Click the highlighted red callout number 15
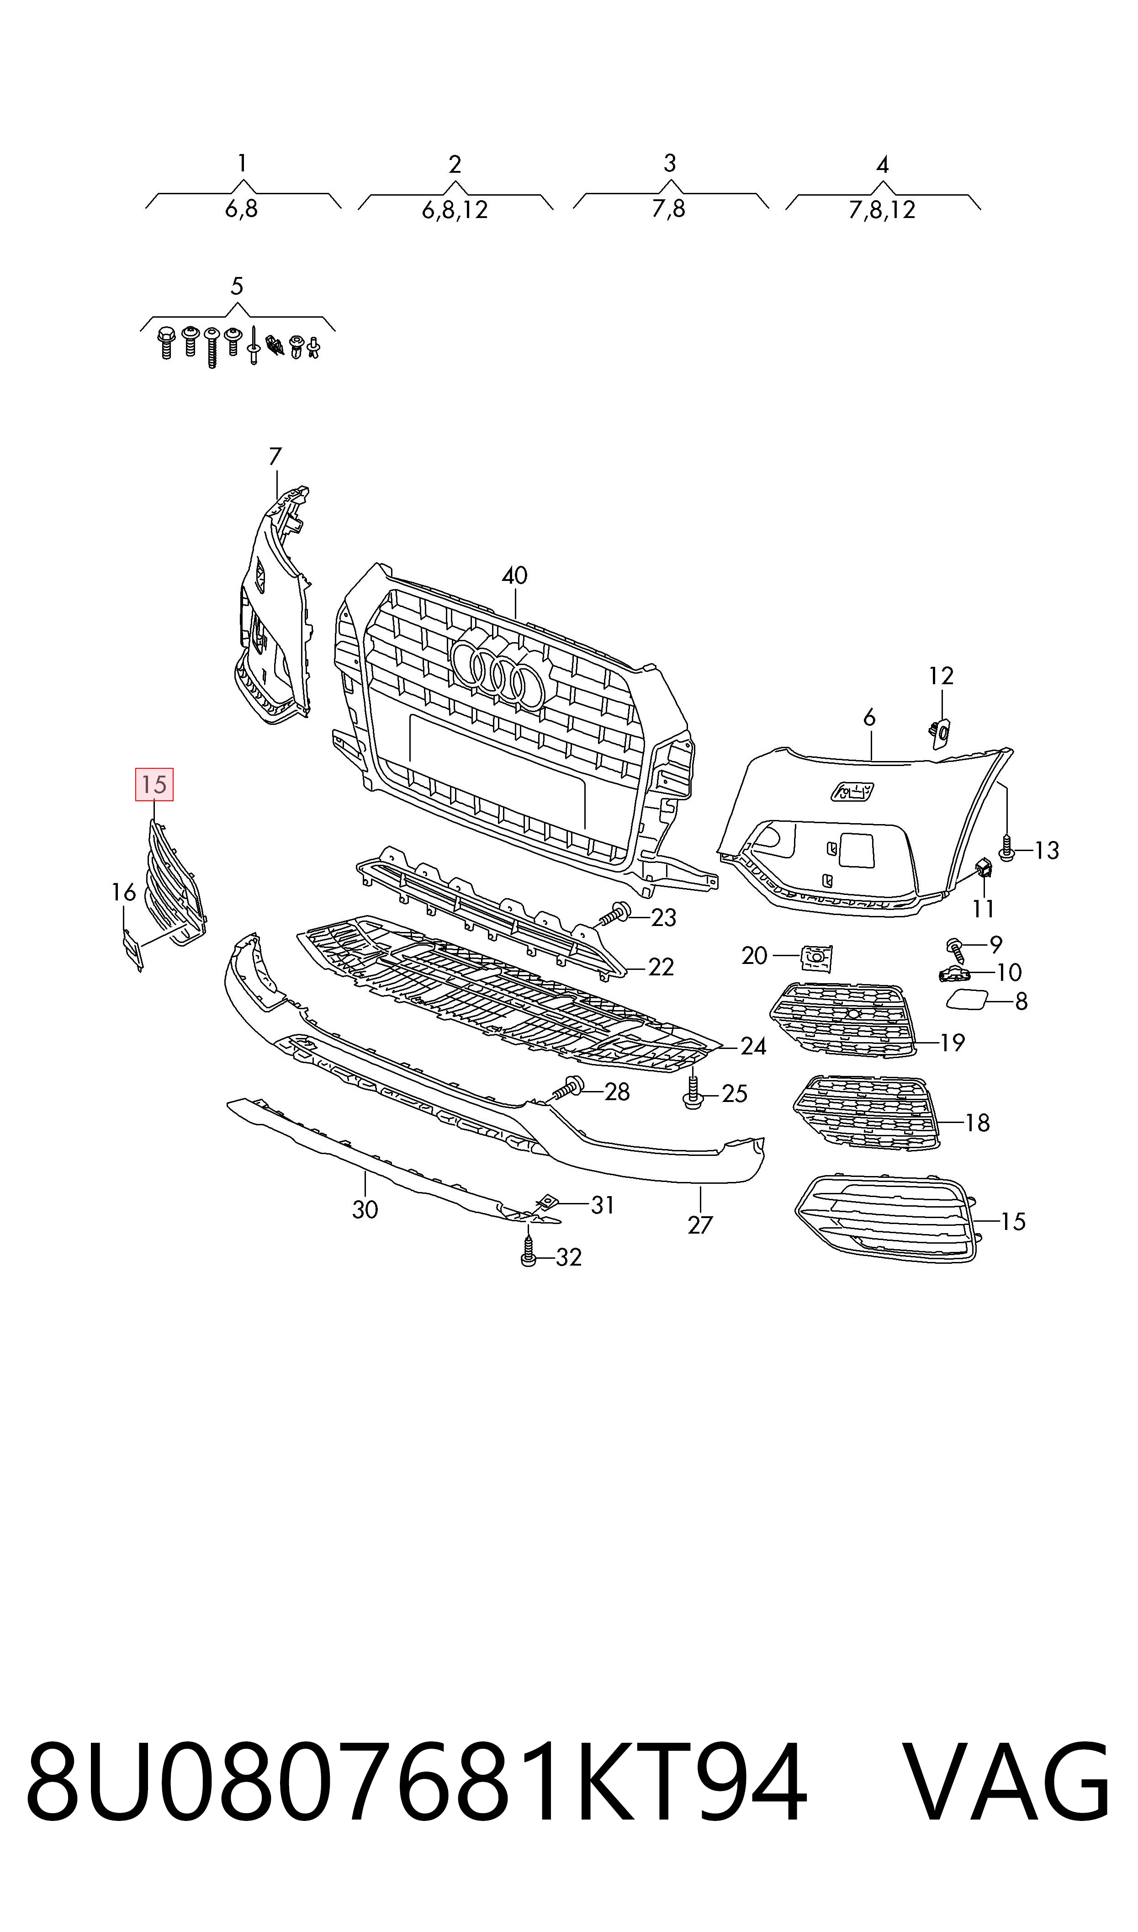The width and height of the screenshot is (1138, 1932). pyautogui.click(x=154, y=785)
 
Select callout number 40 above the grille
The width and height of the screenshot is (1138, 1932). pyautogui.click(x=514, y=575)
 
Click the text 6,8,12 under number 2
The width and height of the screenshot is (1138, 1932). pyautogui.click(x=455, y=209)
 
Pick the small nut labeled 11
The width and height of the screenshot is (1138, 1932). pyautogui.click(x=984, y=868)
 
